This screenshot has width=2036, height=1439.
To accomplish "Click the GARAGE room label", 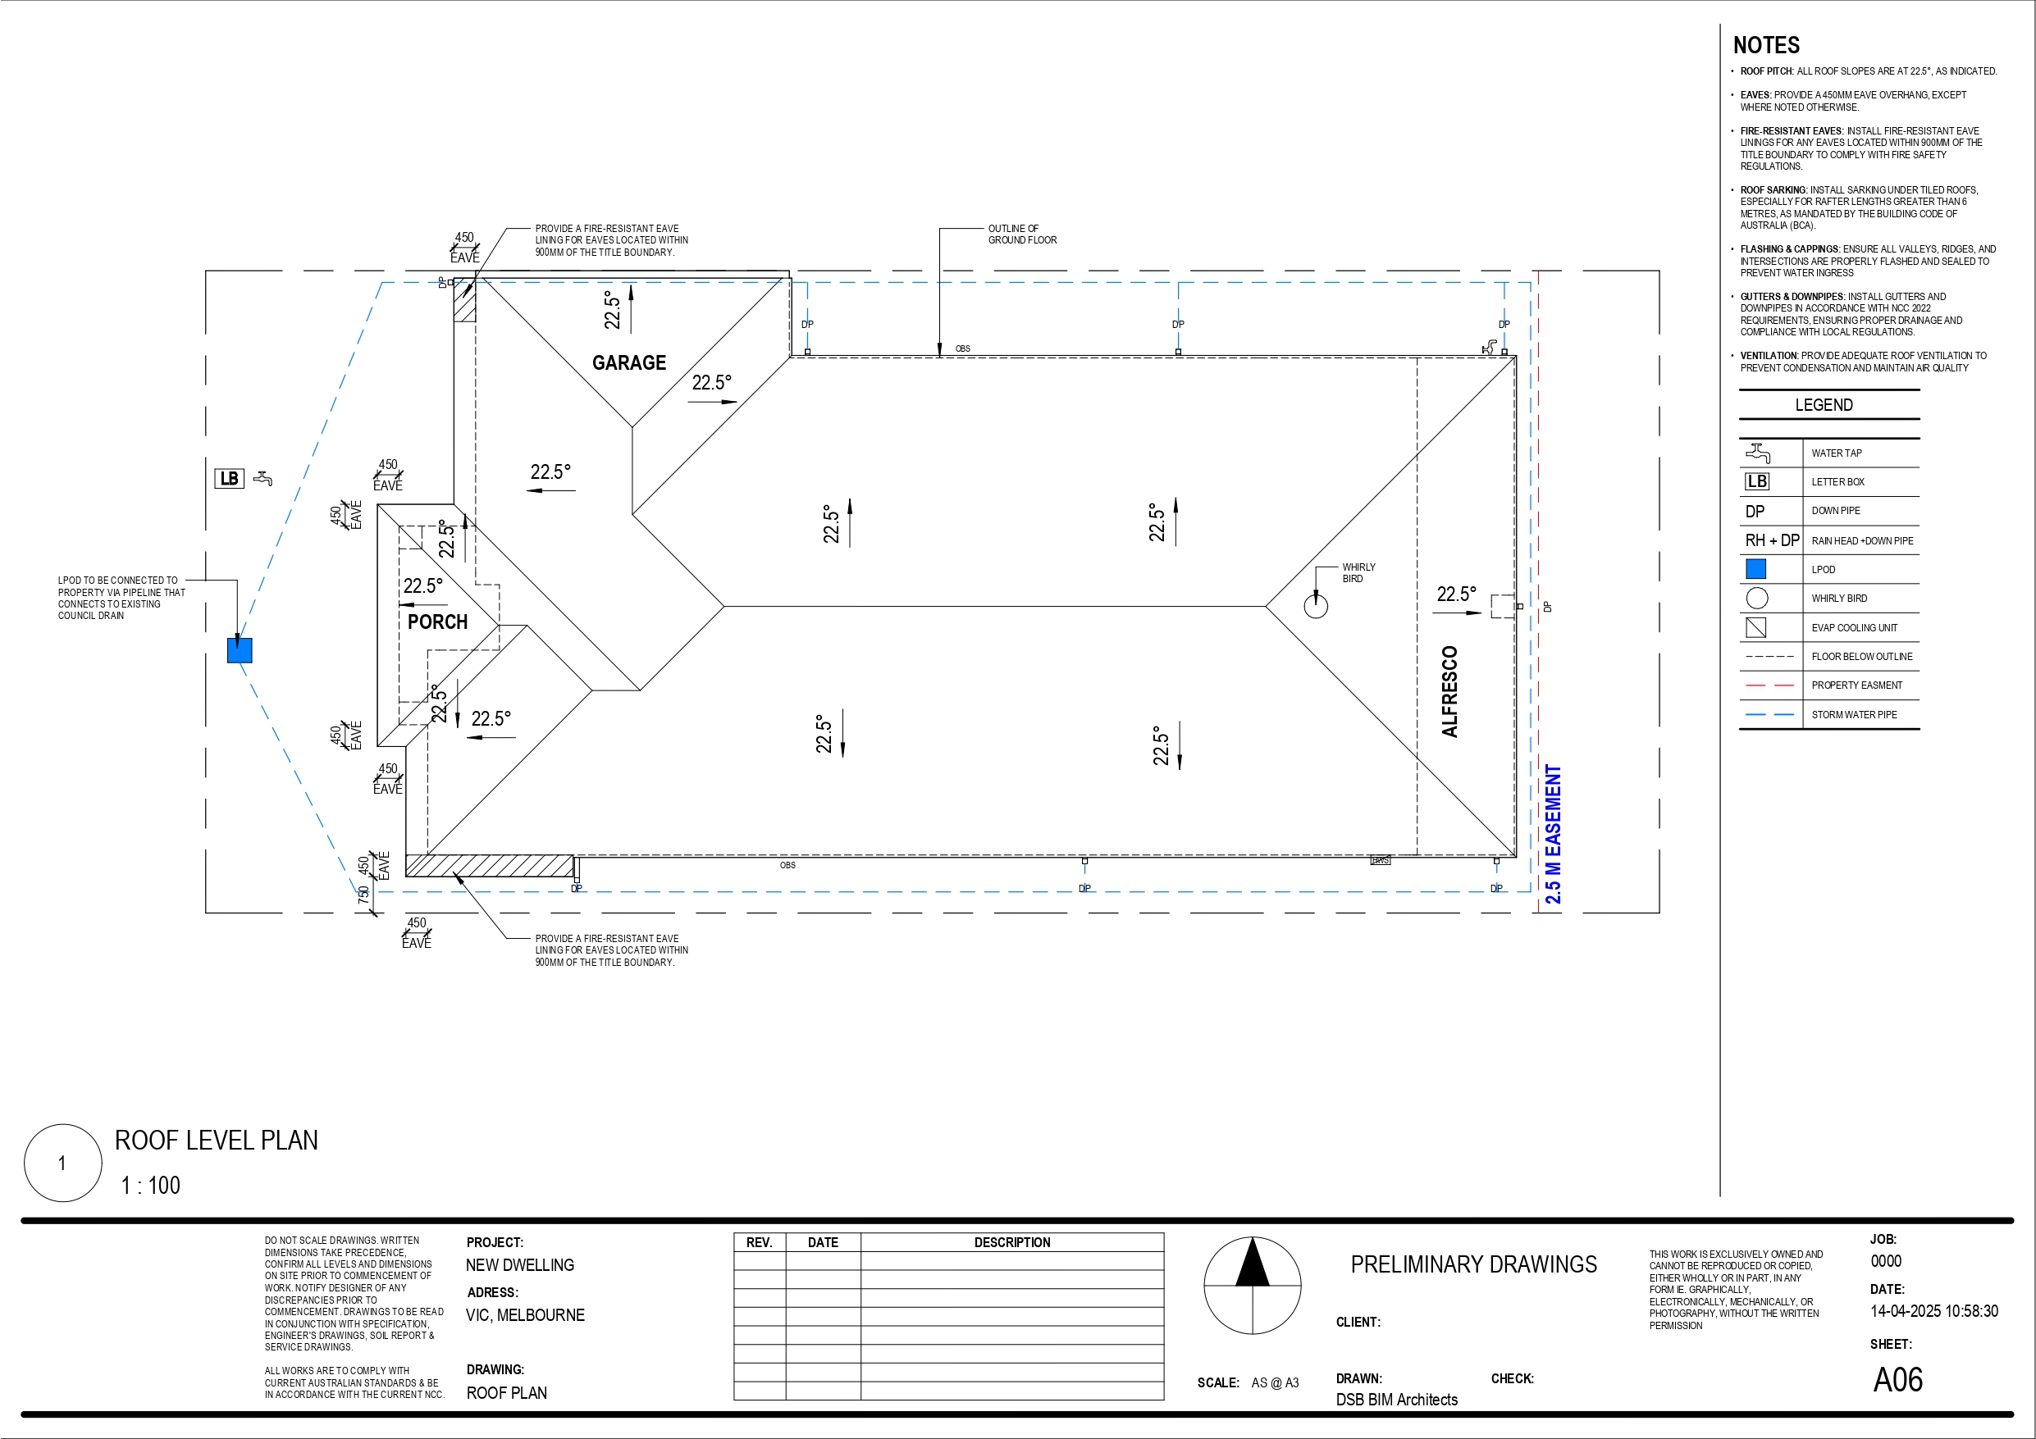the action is [x=628, y=362].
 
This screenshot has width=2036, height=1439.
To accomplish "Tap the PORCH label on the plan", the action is [x=437, y=622].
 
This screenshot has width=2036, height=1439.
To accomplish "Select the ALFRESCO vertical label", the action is [x=1449, y=691].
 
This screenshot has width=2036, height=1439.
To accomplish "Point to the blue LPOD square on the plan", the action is [x=240, y=650].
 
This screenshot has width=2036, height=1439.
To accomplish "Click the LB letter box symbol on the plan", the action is [x=229, y=479].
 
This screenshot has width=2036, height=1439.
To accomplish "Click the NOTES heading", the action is [x=1765, y=45].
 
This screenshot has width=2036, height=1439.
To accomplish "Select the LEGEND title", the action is [x=1824, y=405].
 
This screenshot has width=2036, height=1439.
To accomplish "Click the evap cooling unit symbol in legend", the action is [x=1755, y=628].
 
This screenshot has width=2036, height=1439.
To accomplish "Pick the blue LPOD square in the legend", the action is [x=1755, y=569].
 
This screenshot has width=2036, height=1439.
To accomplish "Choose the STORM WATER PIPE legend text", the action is [x=1854, y=715].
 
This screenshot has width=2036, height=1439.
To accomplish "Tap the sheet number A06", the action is [x=1897, y=1380].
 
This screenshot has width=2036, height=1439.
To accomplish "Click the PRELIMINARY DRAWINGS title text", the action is [x=1473, y=1264].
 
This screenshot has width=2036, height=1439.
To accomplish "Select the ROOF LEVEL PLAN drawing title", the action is [x=217, y=1141].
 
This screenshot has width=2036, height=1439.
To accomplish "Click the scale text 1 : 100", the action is [x=151, y=1186].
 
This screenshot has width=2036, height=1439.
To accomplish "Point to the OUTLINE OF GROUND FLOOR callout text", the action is [x=1022, y=234].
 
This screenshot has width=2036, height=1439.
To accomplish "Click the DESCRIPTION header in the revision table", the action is [x=1011, y=1243].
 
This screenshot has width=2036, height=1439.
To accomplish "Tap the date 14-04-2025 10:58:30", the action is [x=1934, y=1311].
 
